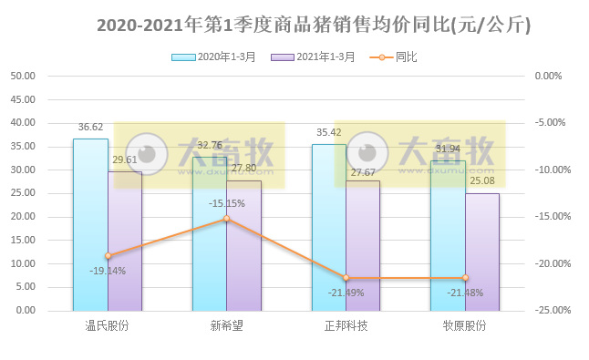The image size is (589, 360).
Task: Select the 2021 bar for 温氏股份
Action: tap(125, 241)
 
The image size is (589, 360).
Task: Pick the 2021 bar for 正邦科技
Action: tap(363, 245)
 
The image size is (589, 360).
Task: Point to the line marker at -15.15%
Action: tap(227, 218)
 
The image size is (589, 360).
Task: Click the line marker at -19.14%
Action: tap(108, 256)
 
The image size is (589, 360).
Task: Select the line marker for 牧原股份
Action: tap(465, 278)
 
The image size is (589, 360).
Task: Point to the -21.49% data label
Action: tap(346, 293)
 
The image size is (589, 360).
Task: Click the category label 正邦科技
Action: tap(346, 325)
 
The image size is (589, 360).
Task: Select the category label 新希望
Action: tap(227, 325)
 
